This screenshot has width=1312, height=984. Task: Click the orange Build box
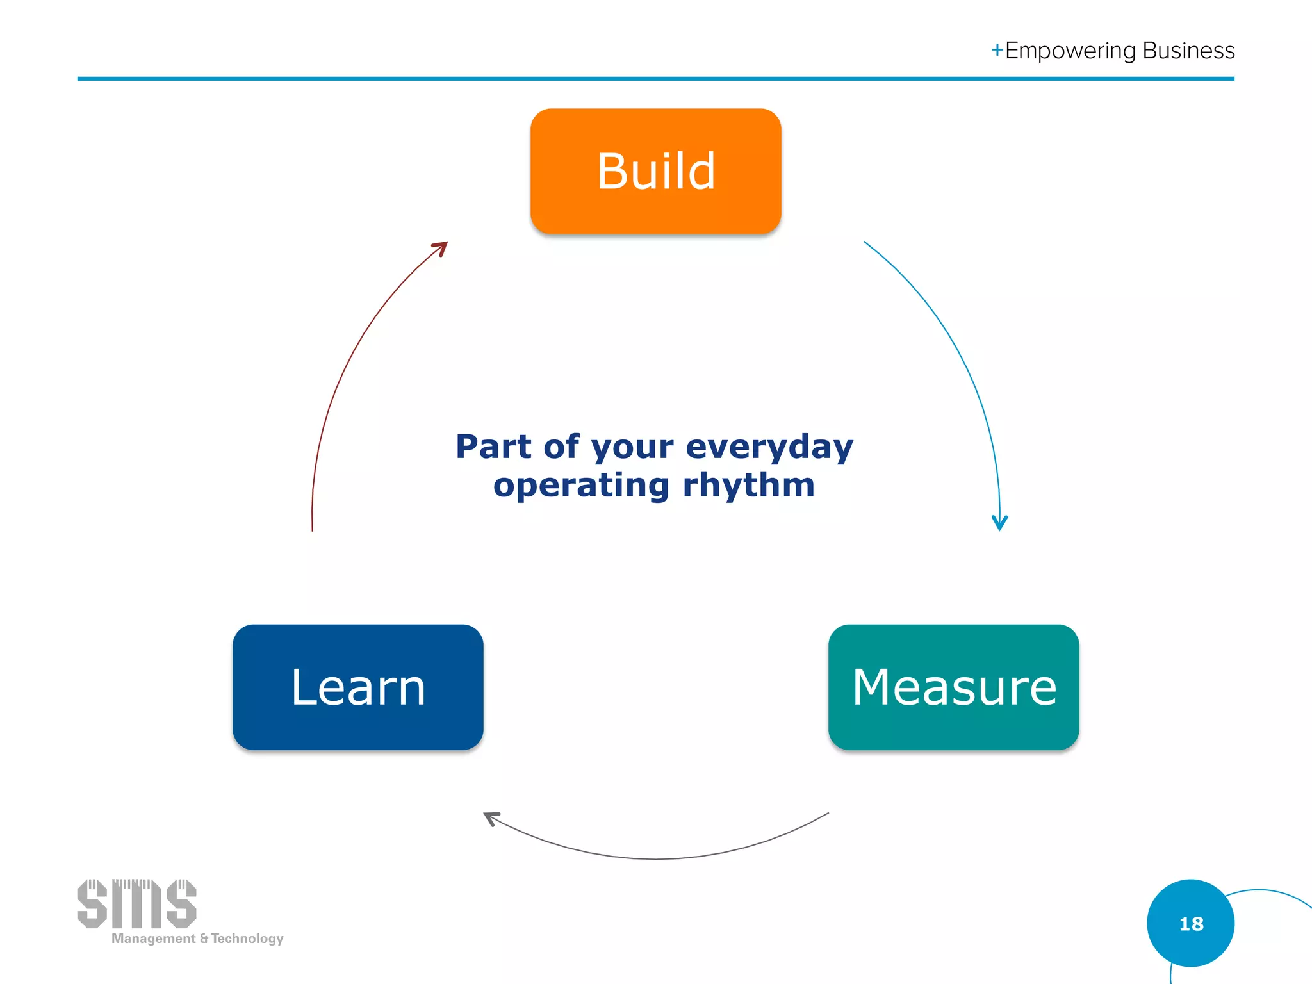pos(655,171)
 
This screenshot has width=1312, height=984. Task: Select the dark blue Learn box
pos(357,687)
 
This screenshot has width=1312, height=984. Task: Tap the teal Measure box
pos(953,687)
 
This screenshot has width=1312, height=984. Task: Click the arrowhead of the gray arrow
pos(490,817)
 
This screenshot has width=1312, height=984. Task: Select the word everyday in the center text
pos(769,447)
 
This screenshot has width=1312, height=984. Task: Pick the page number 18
pos(1191,924)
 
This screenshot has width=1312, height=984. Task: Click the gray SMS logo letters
pos(136,904)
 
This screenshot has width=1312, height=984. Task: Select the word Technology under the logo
pos(247,939)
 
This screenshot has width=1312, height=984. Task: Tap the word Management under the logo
pos(154,939)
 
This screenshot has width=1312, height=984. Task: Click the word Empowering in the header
pos(1070,51)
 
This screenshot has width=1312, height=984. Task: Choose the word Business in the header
pos(1188,51)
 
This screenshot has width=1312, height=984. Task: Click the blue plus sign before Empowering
pos(997,50)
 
